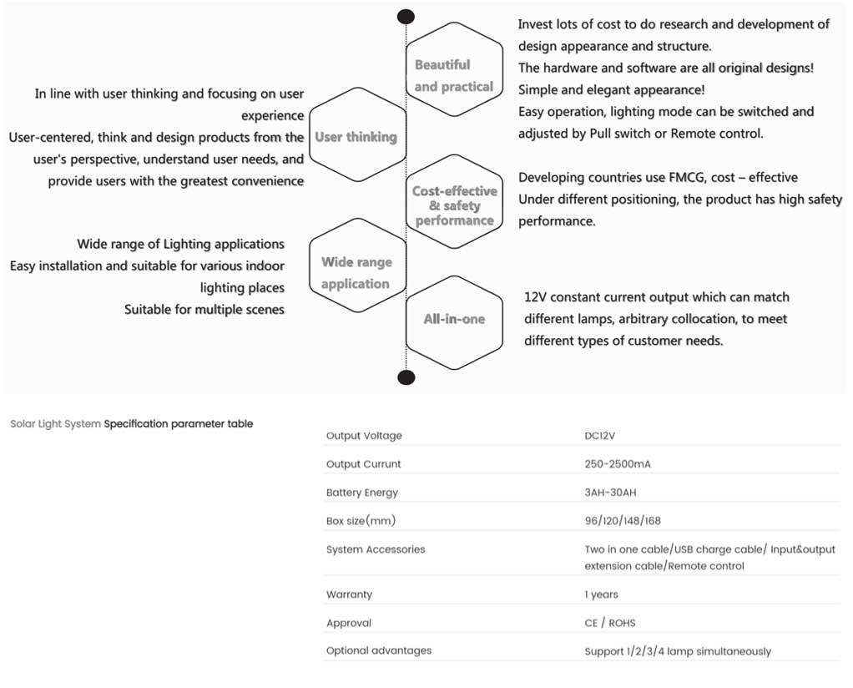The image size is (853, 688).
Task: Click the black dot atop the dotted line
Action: click(x=406, y=17)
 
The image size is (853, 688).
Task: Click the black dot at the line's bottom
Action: click(x=406, y=377)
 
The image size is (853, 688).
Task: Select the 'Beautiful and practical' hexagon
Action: click(x=454, y=69)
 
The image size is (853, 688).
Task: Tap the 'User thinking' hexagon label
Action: click(x=356, y=137)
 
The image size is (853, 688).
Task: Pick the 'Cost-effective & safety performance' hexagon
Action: click(x=454, y=202)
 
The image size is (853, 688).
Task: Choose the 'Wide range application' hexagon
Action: click(x=357, y=266)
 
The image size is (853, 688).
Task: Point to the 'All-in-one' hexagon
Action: click(x=454, y=323)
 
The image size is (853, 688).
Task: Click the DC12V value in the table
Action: click(x=599, y=436)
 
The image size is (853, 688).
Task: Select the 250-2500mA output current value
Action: click(x=618, y=463)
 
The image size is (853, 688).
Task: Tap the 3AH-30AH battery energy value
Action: click(x=610, y=492)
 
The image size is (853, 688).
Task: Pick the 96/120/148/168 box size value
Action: click(x=623, y=520)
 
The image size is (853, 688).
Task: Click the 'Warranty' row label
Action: click(x=349, y=594)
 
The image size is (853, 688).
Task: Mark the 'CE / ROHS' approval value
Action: click(x=610, y=623)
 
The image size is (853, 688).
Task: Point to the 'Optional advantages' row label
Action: click(x=379, y=650)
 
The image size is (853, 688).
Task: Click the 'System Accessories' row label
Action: click(x=376, y=549)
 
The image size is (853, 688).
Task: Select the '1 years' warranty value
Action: click(x=601, y=594)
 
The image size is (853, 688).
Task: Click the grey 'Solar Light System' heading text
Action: click(x=55, y=423)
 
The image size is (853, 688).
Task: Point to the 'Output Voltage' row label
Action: click(x=364, y=436)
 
